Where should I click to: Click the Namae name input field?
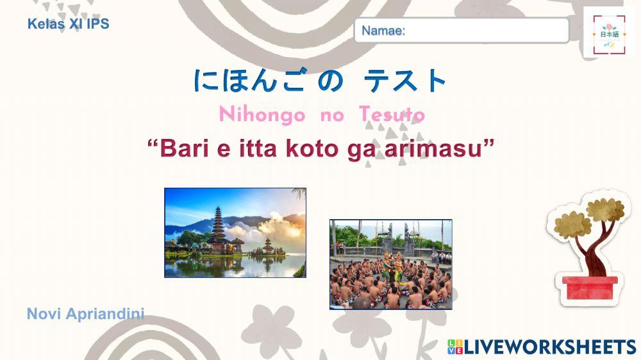coord(462,30)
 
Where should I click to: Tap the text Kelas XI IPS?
coord(69,24)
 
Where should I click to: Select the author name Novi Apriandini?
coord(85,314)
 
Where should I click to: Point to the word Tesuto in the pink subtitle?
coord(392,115)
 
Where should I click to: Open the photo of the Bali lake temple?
coord(235,233)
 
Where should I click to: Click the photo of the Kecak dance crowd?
coord(390,265)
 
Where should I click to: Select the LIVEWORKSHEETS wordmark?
coord(549,347)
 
